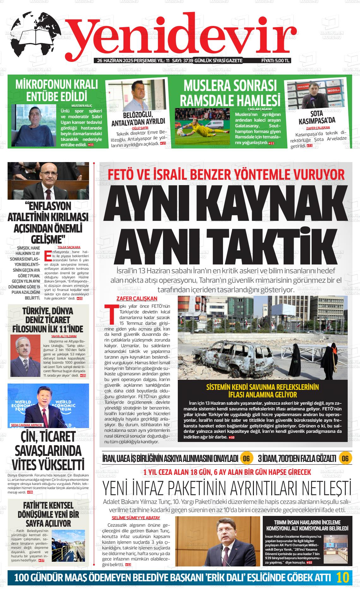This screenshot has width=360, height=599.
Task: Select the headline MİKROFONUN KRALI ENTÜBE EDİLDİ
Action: point(57,90)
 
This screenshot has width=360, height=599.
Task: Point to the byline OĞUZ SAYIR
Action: point(140,128)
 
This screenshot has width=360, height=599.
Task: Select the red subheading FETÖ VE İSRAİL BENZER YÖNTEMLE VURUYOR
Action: point(226,174)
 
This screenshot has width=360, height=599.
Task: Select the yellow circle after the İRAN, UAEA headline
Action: point(246,458)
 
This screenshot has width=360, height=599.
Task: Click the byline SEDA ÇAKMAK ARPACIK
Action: point(27,425)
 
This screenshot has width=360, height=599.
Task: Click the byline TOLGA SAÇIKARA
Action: point(69,247)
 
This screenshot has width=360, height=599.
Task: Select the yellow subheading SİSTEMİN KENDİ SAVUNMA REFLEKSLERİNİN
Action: point(262,387)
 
